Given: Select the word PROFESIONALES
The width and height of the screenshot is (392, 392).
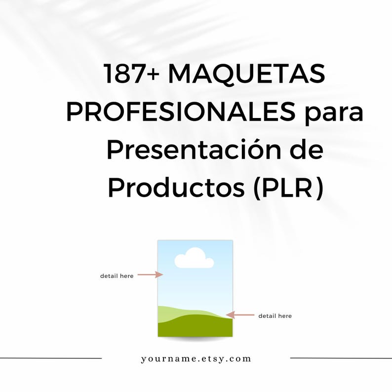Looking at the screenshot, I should tap(181, 113).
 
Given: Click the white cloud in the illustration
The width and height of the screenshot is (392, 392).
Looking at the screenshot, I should tap(194, 259).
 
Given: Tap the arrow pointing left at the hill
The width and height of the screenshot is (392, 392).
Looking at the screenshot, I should tap(240, 314).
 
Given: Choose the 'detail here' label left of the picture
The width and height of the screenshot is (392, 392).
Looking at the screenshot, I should tap(117, 276).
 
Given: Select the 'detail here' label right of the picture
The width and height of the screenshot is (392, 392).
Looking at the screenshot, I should tap(275, 316).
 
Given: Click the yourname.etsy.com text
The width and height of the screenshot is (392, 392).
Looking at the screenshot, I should tap(196, 359).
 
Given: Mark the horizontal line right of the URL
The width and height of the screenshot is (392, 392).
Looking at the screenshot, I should tap(341, 358).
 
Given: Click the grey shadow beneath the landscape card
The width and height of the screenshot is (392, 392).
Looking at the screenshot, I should tap(195, 339).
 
